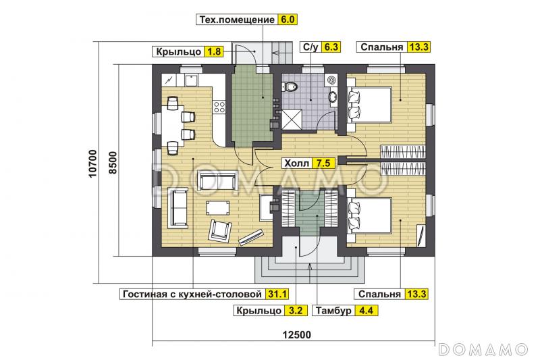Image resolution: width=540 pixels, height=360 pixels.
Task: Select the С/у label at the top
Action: point(310,47)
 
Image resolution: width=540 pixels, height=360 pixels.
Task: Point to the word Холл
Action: point(296,163)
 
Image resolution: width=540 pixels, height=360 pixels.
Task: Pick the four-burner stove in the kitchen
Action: point(218,105)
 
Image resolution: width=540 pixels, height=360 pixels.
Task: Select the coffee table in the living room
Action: point(217,207)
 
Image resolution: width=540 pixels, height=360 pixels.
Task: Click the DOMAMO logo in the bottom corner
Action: point(483,349)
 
